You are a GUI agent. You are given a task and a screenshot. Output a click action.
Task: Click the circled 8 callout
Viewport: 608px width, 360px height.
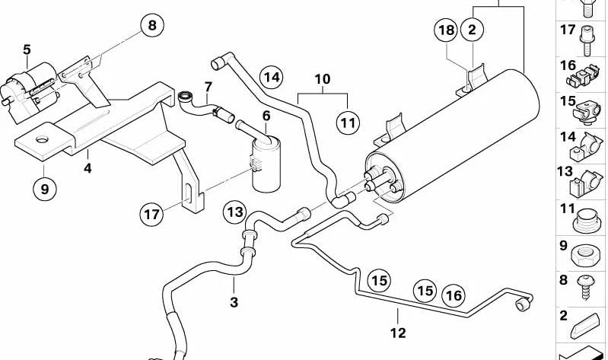151,26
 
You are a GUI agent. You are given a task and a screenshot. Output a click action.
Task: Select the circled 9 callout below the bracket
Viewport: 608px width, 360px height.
44,188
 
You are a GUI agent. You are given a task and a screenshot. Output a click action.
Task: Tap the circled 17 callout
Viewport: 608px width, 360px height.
152,215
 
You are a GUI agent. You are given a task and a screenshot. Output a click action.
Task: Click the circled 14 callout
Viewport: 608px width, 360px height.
271,77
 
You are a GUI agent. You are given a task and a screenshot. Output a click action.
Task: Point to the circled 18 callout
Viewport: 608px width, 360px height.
447,30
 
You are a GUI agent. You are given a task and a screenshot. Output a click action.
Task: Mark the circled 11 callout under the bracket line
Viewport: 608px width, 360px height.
348,121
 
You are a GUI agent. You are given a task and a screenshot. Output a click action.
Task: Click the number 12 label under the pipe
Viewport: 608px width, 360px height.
398,333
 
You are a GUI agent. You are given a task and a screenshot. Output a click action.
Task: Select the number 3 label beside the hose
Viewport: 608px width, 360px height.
234,302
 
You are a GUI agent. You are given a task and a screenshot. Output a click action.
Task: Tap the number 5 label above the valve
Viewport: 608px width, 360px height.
27,50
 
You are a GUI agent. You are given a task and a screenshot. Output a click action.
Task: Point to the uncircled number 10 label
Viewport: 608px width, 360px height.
322,78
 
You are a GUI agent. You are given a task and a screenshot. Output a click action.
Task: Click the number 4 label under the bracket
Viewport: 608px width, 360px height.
88,167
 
